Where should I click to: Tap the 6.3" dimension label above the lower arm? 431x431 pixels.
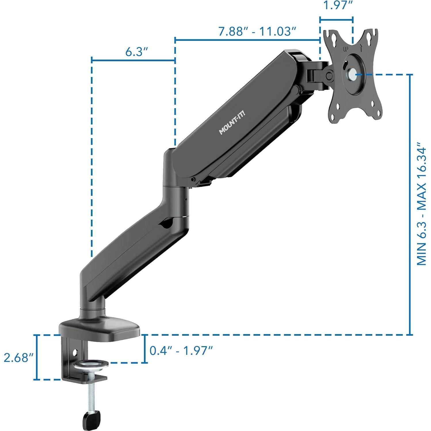coord(136,52)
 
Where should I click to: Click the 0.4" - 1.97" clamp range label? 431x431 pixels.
coord(181,351)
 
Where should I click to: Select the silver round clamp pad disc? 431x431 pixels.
coord(90,365)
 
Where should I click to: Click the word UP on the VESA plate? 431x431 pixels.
coord(346,49)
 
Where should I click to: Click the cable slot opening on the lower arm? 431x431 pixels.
coord(166,224)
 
